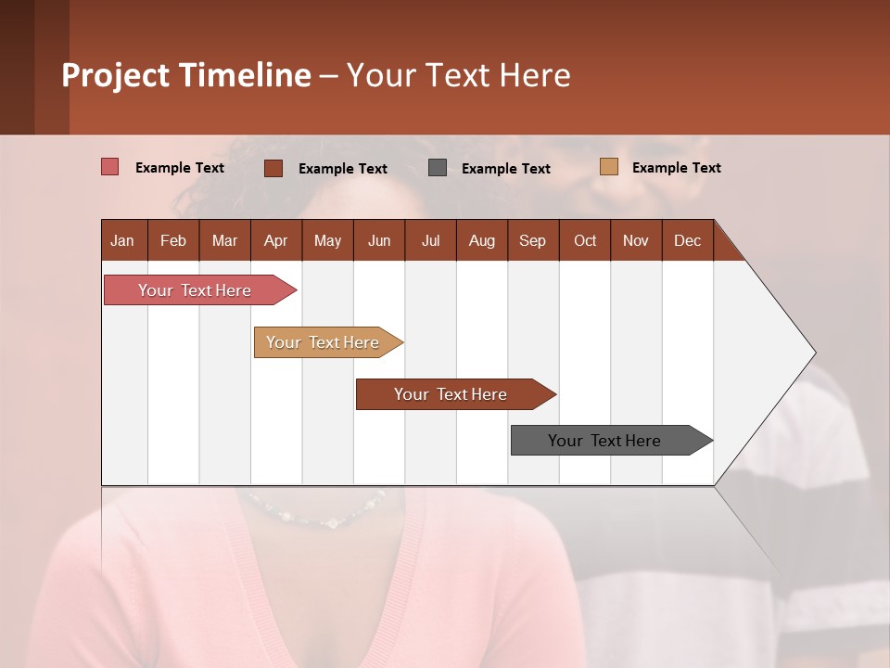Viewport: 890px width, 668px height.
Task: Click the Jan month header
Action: coord(123,240)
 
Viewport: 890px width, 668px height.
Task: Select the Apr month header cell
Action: coord(276,240)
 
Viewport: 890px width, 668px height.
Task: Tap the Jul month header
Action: coord(431,240)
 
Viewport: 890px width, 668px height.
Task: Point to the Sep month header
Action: coord(533,240)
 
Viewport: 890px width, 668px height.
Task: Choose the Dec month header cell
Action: coord(687,240)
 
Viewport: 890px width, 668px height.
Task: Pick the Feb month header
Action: coord(173,240)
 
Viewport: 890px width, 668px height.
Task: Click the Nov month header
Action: coord(636,240)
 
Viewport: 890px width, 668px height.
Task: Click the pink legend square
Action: coord(110,167)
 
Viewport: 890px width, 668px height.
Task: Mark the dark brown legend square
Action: coord(273,168)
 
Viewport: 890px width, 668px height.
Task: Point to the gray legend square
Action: coord(438,168)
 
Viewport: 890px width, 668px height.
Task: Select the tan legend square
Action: coord(609,167)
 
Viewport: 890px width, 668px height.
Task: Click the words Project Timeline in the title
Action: coord(186,75)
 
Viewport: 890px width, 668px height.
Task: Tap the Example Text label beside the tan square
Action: coord(677,168)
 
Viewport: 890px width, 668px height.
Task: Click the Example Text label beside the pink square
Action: coord(180,168)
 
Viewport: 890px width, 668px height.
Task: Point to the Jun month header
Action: coord(379,240)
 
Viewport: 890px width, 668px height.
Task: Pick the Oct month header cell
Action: coord(585,240)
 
